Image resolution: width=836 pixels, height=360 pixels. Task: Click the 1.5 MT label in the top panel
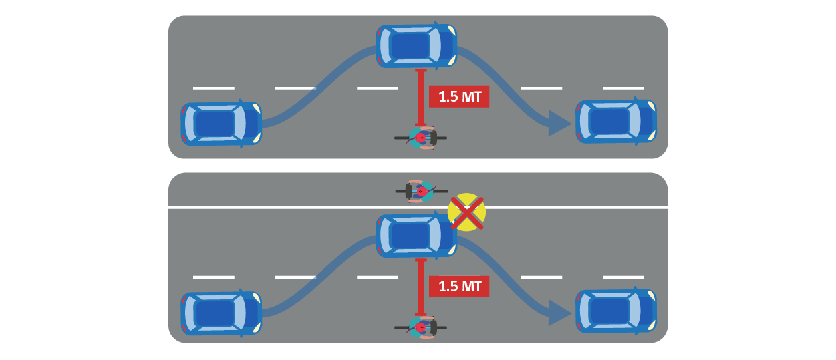click(459, 97)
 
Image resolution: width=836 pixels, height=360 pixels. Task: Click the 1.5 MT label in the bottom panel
click(459, 287)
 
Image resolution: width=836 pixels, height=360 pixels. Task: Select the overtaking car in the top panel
click(416, 45)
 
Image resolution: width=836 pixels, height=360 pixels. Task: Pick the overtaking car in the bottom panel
click(416, 236)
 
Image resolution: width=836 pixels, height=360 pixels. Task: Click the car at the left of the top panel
click(221, 124)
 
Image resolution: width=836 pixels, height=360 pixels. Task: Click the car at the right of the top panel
click(615, 121)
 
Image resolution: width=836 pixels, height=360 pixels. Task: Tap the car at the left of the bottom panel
click(221, 313)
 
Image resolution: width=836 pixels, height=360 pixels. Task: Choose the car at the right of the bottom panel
click(615, 311)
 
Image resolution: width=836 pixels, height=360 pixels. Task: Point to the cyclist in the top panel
click(421, 138)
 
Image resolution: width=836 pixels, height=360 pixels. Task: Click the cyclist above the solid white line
click(421, 191)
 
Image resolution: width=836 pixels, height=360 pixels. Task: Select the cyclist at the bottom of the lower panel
click(421, 327)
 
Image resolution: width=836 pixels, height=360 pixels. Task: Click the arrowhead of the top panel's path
click(559, 123)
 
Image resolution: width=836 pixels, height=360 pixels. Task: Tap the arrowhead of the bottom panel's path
click(559, 313)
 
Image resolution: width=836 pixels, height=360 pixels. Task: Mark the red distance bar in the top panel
click(420, 97)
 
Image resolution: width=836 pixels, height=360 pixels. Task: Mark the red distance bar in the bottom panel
click(420, 287)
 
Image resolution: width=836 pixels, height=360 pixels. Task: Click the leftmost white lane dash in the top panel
click(214, 88)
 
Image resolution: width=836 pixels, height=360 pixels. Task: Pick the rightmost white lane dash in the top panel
click(623, 88)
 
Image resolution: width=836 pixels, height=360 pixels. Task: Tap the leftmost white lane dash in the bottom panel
click(214, 277)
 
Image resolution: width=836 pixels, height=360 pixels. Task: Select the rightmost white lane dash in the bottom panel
click(623, 277)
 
